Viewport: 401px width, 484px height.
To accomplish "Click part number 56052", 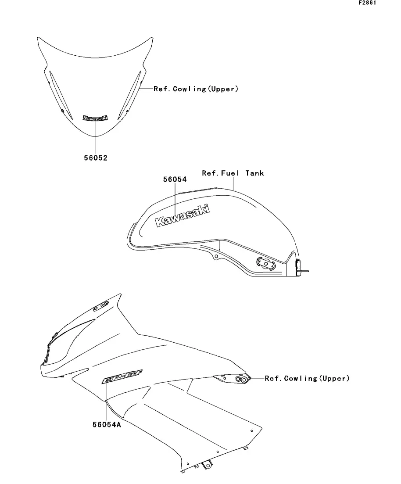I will (96, 158).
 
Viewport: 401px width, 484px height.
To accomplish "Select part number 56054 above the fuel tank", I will (175, 179).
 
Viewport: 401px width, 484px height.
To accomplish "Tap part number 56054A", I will (107, 425).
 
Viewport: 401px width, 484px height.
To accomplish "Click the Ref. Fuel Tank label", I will (233, 173).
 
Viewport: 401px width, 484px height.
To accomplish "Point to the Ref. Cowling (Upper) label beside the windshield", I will (196, 89).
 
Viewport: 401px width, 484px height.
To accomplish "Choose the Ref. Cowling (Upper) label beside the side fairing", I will (307, 378).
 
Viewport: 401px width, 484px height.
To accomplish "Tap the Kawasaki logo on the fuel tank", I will (183, 216).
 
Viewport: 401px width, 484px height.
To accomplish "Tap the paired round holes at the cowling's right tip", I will (241, 379).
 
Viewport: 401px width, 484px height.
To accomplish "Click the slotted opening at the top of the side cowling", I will (101, 305).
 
